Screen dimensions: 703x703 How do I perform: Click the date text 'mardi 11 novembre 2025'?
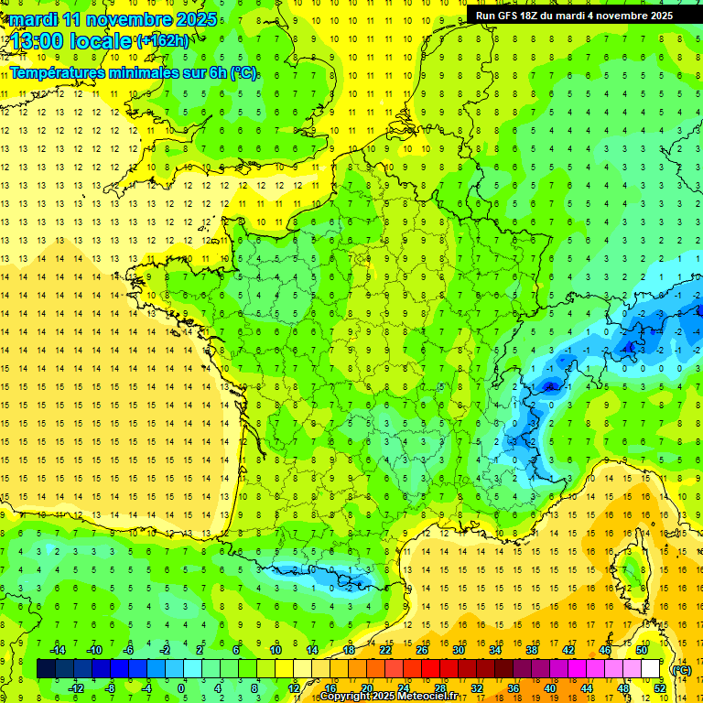pyautogui.click(x=114, y=19)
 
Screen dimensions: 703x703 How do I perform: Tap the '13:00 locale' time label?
pyautogui.click(x=73, y=41)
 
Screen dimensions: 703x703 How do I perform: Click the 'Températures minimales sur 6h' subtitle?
pyautogui.click(x=133, y=72)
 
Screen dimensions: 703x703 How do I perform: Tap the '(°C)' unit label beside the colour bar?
pyautogui.click(x=681, y=669)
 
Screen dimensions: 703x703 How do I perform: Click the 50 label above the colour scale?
pyautogui.click(x=642, y=650)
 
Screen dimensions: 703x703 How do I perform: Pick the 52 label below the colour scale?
pyautogui.click(x=659, y=688)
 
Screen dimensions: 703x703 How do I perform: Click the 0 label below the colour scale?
pyautogui.click(x=181, y=688)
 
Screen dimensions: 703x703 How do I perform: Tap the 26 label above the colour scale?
pyautogui.click(x=422, y=650)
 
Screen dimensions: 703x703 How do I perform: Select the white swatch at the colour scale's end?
pyautogui.click(x=650, y=669)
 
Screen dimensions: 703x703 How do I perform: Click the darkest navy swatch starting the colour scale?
pyautogui.click(x=46, y=669)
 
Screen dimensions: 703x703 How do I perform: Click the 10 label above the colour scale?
pyautogui.click(x=275, y=650)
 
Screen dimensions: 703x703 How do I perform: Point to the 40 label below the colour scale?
pyautogui.click(x=549, y=688)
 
